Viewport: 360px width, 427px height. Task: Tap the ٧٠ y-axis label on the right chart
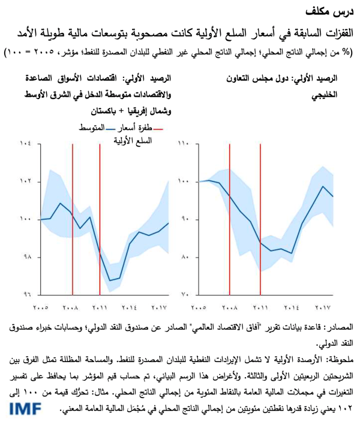(184, 295)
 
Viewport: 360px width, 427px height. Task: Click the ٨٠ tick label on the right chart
(184, 257)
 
